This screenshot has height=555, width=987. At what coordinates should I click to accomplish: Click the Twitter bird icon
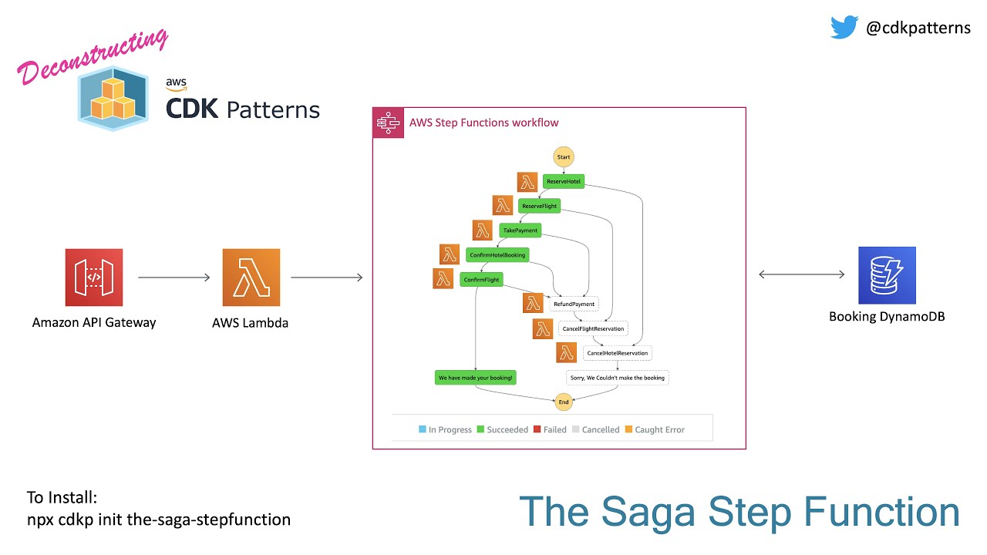pos(844,28)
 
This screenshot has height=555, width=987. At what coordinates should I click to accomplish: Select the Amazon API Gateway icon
pos(94,277)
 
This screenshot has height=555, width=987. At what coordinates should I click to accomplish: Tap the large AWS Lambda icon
pos(251,277)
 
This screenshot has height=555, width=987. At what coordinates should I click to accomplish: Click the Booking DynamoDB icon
pos(887,275)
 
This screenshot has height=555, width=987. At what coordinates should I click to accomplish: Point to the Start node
pos(564,157)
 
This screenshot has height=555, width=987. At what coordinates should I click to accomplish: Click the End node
pos(564,402)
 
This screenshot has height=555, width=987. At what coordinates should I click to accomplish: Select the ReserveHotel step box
pos(564,182)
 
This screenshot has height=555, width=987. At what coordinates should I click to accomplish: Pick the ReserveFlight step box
pos(539,206)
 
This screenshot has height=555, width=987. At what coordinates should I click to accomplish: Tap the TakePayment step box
pos(520,230)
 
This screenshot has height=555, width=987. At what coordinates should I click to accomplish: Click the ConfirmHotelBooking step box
pos(497,254)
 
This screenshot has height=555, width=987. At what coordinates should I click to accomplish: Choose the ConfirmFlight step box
pos(481,280)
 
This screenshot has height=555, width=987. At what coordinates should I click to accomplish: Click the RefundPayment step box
pos(574,304)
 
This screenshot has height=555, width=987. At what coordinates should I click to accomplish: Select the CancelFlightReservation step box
pos(592,328)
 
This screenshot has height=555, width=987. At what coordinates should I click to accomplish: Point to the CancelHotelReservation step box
pos(618,353)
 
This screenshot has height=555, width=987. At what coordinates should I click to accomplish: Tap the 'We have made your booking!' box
pos(475,378)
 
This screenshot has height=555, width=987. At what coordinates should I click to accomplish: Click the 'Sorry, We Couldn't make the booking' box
pos(617,378)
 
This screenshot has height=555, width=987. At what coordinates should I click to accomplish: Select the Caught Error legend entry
pos(655,429)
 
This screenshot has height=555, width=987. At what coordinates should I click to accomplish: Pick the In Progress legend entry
pos(445,429)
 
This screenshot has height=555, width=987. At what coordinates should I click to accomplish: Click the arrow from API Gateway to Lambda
pos(173,277)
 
